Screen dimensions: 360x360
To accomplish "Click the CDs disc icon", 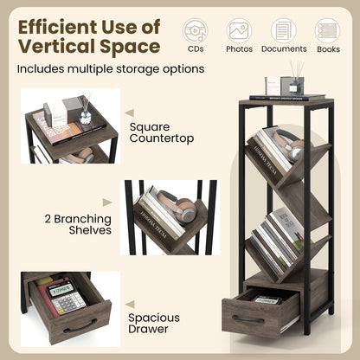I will pyautogui.click(x=195, y=30).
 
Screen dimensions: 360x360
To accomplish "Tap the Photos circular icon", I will pyautogui.click(x=239, y=30).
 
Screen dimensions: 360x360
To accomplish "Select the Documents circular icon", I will pyautogui.click(x=284, y=30).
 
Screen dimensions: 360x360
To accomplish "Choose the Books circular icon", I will pyautogui.click(x=328, y=30).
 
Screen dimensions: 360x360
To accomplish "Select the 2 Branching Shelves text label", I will pyautogui.click(x=78, y=224).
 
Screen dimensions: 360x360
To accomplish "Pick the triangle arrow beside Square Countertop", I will pyautogui.click(x=129, y=112).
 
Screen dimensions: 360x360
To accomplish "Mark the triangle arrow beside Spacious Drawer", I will pyautogui.click(x=129, y=305).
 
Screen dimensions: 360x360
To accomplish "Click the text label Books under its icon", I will pyautogui.click(x=328, y=49).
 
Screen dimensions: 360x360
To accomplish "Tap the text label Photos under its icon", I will pyautogui.click(x=239, y=49).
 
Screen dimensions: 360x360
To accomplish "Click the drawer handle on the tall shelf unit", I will pyautogui.click(x=248, y=318).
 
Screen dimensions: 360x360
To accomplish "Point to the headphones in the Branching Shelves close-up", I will pyautogui.click(x=184, y=209).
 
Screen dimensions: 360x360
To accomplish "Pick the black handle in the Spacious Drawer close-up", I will pyautogui.click(x=80, y=326).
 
